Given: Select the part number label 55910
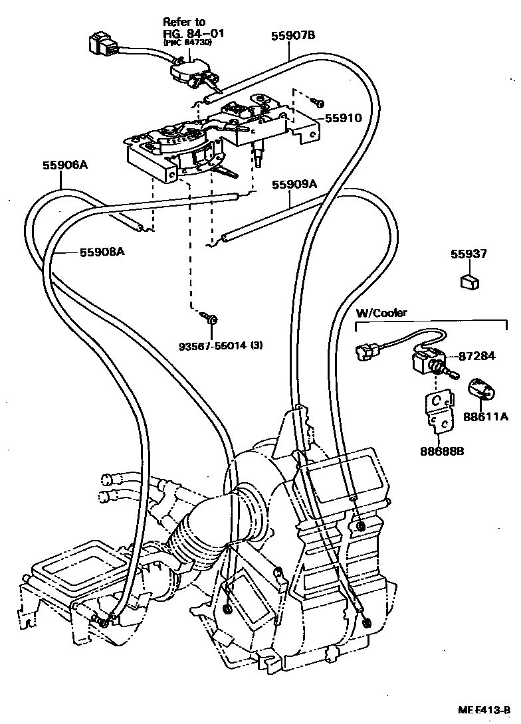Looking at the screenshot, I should [x=343, y=118].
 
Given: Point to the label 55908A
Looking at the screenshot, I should [x=102, y=252].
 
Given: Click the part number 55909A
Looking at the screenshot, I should [x=294, y=185].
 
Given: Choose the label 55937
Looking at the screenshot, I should [x=469, y=254].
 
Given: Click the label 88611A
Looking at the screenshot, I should [x=486, y=416].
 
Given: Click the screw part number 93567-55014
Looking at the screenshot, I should [x=220, y=345].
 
